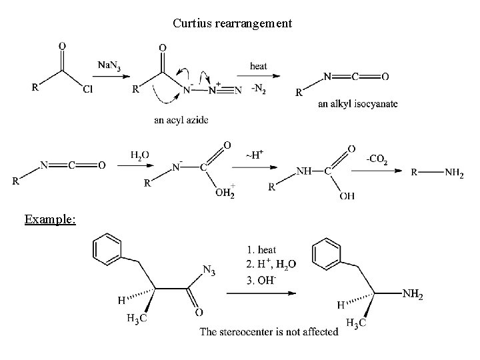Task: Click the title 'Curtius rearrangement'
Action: click(232, 23)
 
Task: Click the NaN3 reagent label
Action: click(110, 65)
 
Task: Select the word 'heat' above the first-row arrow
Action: click(259, 65)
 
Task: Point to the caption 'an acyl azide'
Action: click(181, 120)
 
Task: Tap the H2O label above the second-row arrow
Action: click(140, 155)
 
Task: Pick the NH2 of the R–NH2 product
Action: click(455, 173)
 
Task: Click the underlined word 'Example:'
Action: click(50, 219)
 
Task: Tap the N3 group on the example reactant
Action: click(209, 270)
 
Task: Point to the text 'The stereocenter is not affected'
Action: click(269, 332)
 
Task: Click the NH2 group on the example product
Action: click(412, 294)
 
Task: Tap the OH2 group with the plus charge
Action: click(224, 193)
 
